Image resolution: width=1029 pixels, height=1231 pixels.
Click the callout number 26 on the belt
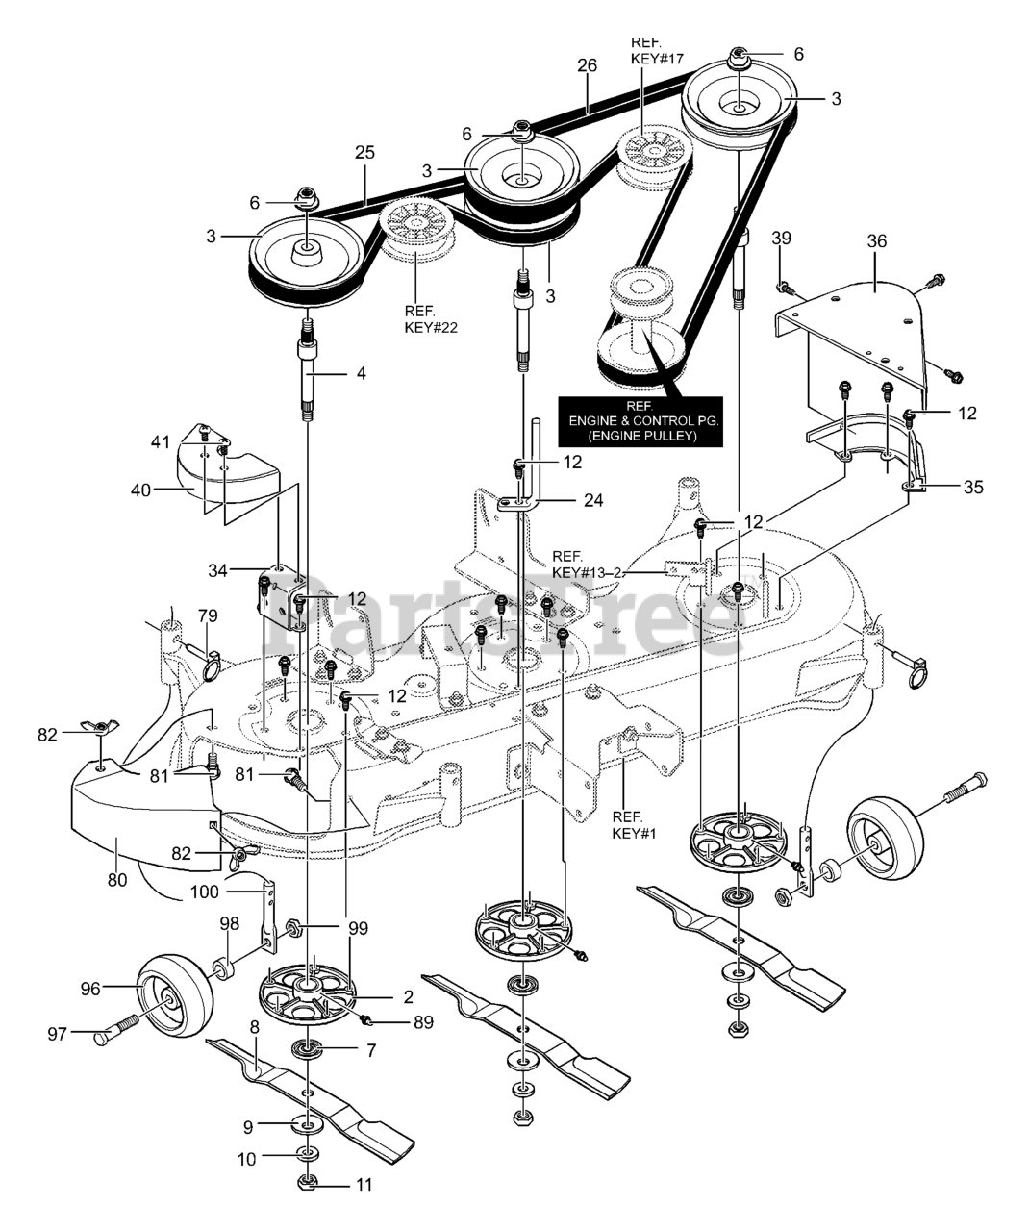coord(587,65)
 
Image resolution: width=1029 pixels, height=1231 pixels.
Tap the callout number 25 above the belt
coord(364,153)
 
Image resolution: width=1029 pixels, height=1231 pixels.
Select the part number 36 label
coord(876,241)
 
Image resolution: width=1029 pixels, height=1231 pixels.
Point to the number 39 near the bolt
coord(781,238)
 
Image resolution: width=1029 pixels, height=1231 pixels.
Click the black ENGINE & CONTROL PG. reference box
coord(644,421)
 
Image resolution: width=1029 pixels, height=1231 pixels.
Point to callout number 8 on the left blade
coord(254,1026)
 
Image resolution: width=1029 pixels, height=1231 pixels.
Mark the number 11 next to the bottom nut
coord(364,1186)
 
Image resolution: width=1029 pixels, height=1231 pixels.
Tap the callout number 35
coord(973,487)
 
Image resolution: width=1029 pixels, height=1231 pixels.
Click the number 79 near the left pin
coord(208,615)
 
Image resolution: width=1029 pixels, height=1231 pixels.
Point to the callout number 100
coord(204,892)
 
